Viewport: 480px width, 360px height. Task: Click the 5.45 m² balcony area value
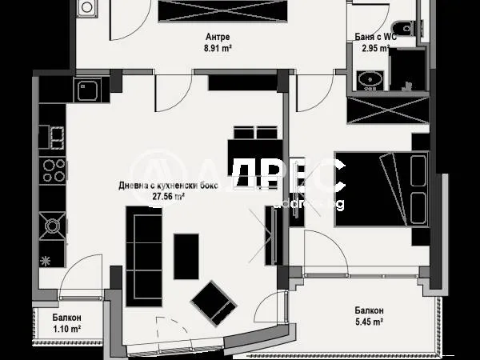(x=370, y=322)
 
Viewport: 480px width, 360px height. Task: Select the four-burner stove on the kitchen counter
(x=53, y=170)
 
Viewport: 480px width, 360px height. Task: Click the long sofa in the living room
(x=142, y=250)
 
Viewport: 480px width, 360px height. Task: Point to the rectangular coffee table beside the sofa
(x=186, y=255)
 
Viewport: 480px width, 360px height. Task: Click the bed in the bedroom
(x=376, y=188)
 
